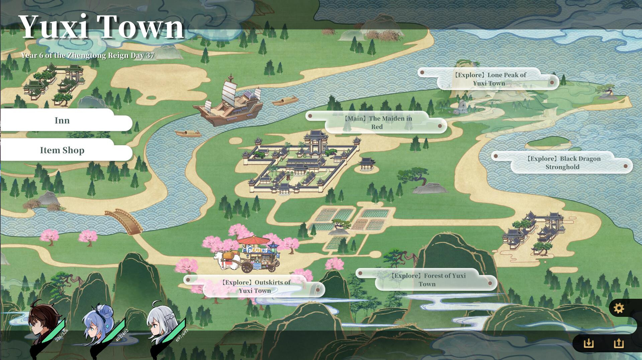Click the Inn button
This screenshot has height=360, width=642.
(x=62, y=120)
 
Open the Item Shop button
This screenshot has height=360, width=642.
(x=62, y=150)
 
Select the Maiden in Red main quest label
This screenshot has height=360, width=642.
(x=377, y=122)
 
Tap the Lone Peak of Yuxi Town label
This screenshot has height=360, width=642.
(x=489, y=79)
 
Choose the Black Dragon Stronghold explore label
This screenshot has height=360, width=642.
(x=562, y=163)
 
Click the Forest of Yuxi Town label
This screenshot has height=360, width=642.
(x=427, y=280)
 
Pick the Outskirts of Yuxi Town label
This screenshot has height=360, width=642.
(x=255, y=286)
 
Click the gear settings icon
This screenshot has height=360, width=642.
(x=619, y=308)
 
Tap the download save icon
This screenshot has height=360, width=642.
(x=588, y=343)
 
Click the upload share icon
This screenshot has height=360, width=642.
(x=619, y=343)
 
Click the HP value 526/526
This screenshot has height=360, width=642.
(x=62, y=335)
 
